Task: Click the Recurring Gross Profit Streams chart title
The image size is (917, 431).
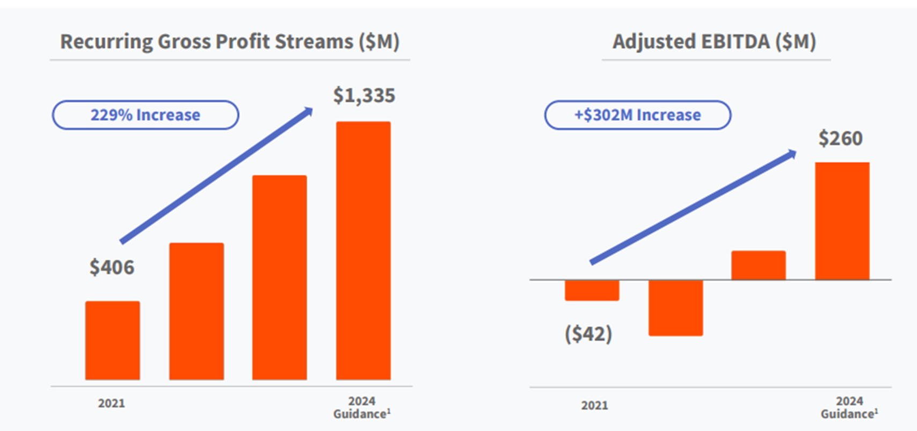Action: [230, 41]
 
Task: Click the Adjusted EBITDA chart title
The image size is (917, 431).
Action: [715, 41]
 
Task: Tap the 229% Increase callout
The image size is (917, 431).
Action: [145, 115]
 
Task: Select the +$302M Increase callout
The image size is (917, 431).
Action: [638, 115]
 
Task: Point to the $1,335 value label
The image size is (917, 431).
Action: [364, 96]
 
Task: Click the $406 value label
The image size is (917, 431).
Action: [112, 267]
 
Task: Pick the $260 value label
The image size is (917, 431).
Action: [840, 139]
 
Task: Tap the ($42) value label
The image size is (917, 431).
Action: [588, 334]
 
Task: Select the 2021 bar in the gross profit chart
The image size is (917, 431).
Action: [113, 341]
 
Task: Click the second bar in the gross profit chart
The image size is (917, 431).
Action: [196, 312]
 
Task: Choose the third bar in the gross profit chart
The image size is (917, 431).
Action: [280, 278]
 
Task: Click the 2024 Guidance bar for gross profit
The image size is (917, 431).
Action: [363, 251]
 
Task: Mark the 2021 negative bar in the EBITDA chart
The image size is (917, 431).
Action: [592, 290]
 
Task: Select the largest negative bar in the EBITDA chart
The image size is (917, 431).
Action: [676, 308]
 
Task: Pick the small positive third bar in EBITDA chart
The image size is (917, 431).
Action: [759, 265]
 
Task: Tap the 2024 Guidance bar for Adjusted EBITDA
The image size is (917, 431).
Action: [842, 221]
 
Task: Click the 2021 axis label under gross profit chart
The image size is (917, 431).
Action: [112, 404]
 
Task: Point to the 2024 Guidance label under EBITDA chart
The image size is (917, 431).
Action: [849, 408]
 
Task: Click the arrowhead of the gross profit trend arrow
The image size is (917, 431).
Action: [308, 111]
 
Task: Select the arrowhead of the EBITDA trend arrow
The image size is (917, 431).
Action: [792, 154]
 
